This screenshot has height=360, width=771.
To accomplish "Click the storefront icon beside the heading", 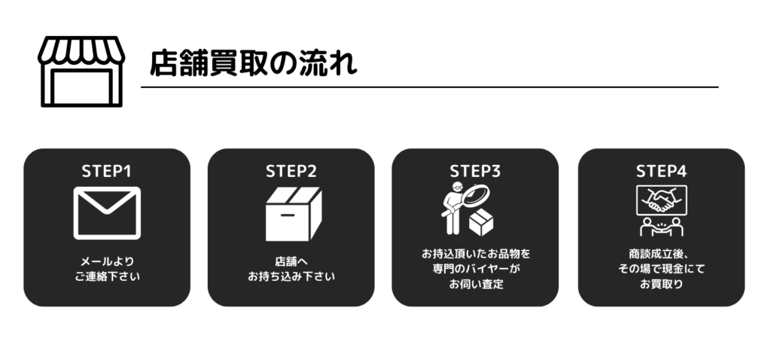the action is pos(81,72).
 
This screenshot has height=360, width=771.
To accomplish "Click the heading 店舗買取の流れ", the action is pos(253,63).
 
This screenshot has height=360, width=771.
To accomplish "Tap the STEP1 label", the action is pos(107,171).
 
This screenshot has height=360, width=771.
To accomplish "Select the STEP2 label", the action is pos(291,171).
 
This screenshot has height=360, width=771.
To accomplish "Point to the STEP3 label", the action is pos(475,171).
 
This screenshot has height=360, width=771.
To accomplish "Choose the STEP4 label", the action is pos(661,171).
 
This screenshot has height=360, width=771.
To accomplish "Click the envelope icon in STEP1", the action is pos(107,213).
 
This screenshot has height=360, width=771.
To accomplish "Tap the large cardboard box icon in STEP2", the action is pos(294,214).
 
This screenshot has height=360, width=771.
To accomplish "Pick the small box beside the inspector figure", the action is pos(481,222).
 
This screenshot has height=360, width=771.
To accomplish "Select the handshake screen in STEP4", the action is pos(661,200).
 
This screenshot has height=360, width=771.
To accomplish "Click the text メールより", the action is pos(107,261).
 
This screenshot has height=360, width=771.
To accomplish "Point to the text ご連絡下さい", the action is pos(107,276).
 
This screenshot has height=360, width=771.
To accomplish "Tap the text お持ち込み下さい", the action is pos(291,276).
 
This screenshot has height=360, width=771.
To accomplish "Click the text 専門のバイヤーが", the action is pos(476,269).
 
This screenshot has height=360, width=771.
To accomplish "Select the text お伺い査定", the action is pos(476,284).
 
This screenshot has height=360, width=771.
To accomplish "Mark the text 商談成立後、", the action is pos(659,254).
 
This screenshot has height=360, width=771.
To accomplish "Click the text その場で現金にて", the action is pos(661,269).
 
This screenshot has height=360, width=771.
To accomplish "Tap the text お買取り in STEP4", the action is pos(661,284).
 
